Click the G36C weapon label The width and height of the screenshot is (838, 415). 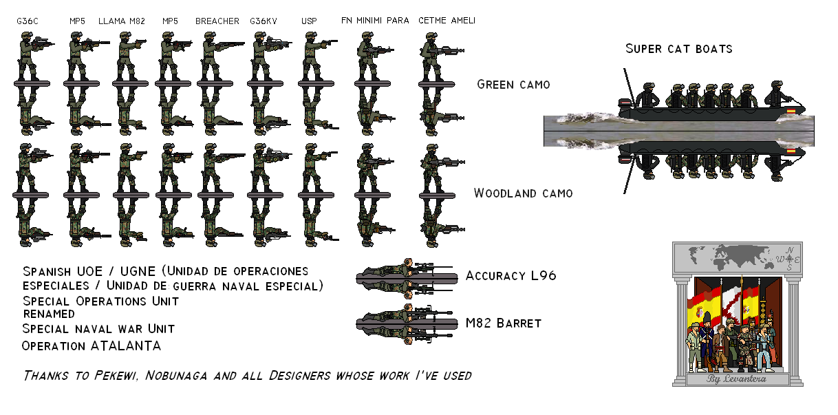click(28, 21)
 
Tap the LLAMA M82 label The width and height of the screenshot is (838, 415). click(122, 21)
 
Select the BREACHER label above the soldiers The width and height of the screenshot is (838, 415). click(217, 21)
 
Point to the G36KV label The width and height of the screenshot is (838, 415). click(264, 21)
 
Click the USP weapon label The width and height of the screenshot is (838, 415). click(309, 21)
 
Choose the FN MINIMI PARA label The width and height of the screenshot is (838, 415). click(375, 21)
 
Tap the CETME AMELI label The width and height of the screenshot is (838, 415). click(447, 21)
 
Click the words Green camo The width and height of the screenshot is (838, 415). click(513, 85)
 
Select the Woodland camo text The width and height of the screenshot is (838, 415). click(523, 193)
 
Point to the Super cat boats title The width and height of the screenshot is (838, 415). click(678, 49)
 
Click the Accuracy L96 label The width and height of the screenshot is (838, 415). click(511, 276)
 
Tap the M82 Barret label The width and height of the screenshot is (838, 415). click(504, 323)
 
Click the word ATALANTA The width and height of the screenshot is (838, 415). click(127, 345)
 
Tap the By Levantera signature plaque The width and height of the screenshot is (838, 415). click(737, 379)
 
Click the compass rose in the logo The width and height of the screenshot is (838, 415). click(789, 259)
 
